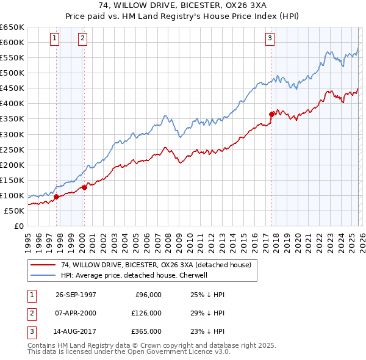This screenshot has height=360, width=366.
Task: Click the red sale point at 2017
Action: point(271,113)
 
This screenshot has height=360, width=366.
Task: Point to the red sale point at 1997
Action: point(57,196)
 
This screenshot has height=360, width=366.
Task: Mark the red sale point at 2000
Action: point(84,187)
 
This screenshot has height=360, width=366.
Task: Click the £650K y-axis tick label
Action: point(12,27)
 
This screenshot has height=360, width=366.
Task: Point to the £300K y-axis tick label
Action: point(12,134)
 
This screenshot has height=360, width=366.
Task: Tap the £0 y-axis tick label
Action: point(19,226)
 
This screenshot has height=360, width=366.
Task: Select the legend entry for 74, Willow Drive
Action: point(152,265)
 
